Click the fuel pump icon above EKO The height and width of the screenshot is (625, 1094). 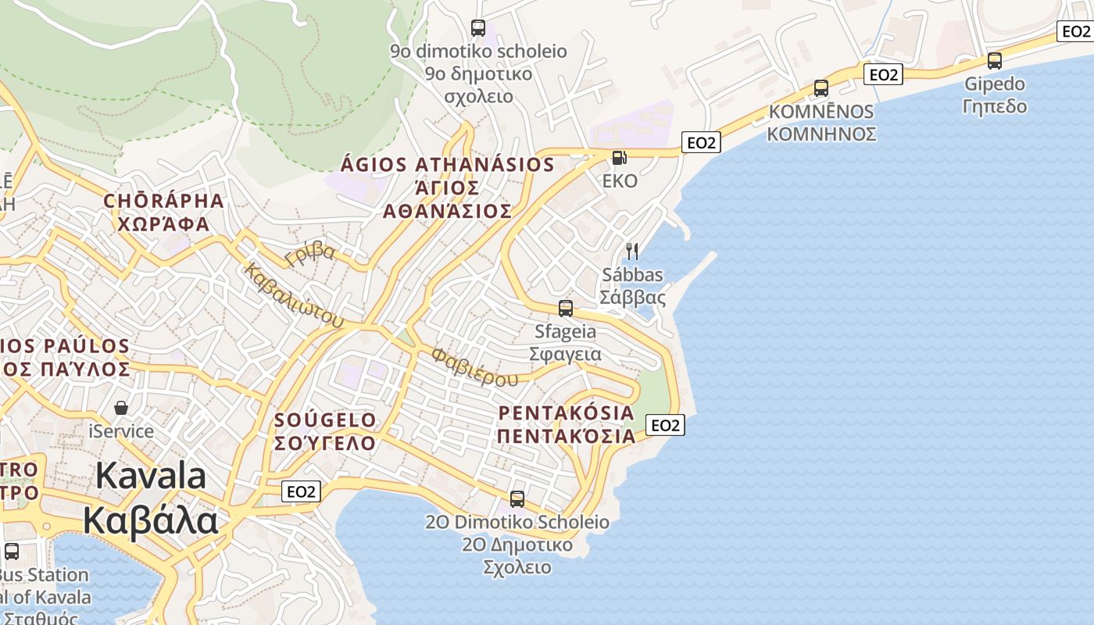click(x=619, y=158)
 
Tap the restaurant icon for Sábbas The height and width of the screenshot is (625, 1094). click(x=632, y=252)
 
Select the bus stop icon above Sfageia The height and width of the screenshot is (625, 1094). click(x=566, y=309)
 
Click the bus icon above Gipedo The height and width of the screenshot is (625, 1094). click(x=994, y=61)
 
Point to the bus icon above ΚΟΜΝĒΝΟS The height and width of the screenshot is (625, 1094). click(x=820, y=88)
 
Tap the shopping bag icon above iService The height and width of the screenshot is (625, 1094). click(x=121, y=408)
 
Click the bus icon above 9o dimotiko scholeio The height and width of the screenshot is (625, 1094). click(x=478, y=28)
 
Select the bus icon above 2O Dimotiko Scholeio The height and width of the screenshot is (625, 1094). click(x=517, y=499)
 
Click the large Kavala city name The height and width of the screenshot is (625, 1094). click(x=151, y=477)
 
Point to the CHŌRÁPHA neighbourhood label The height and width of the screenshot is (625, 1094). click(x=164, y=201)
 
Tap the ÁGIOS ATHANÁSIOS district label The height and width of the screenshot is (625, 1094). click(x=448, y=165)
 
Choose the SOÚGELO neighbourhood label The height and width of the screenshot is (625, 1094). click(x=325, y=420)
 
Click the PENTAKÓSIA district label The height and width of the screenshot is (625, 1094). click(x=567, y=412)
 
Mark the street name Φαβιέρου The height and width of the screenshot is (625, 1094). click(x=474, y=367)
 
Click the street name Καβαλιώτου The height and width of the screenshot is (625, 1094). click(x=294, y=297)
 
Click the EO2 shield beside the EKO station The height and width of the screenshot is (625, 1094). click(x=701, y=142)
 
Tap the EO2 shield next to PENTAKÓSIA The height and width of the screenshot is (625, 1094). click(x=665, y=425)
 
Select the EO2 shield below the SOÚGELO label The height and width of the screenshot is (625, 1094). click(x=301, y=491)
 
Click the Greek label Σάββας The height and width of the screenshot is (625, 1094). click(x=632, y=298)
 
